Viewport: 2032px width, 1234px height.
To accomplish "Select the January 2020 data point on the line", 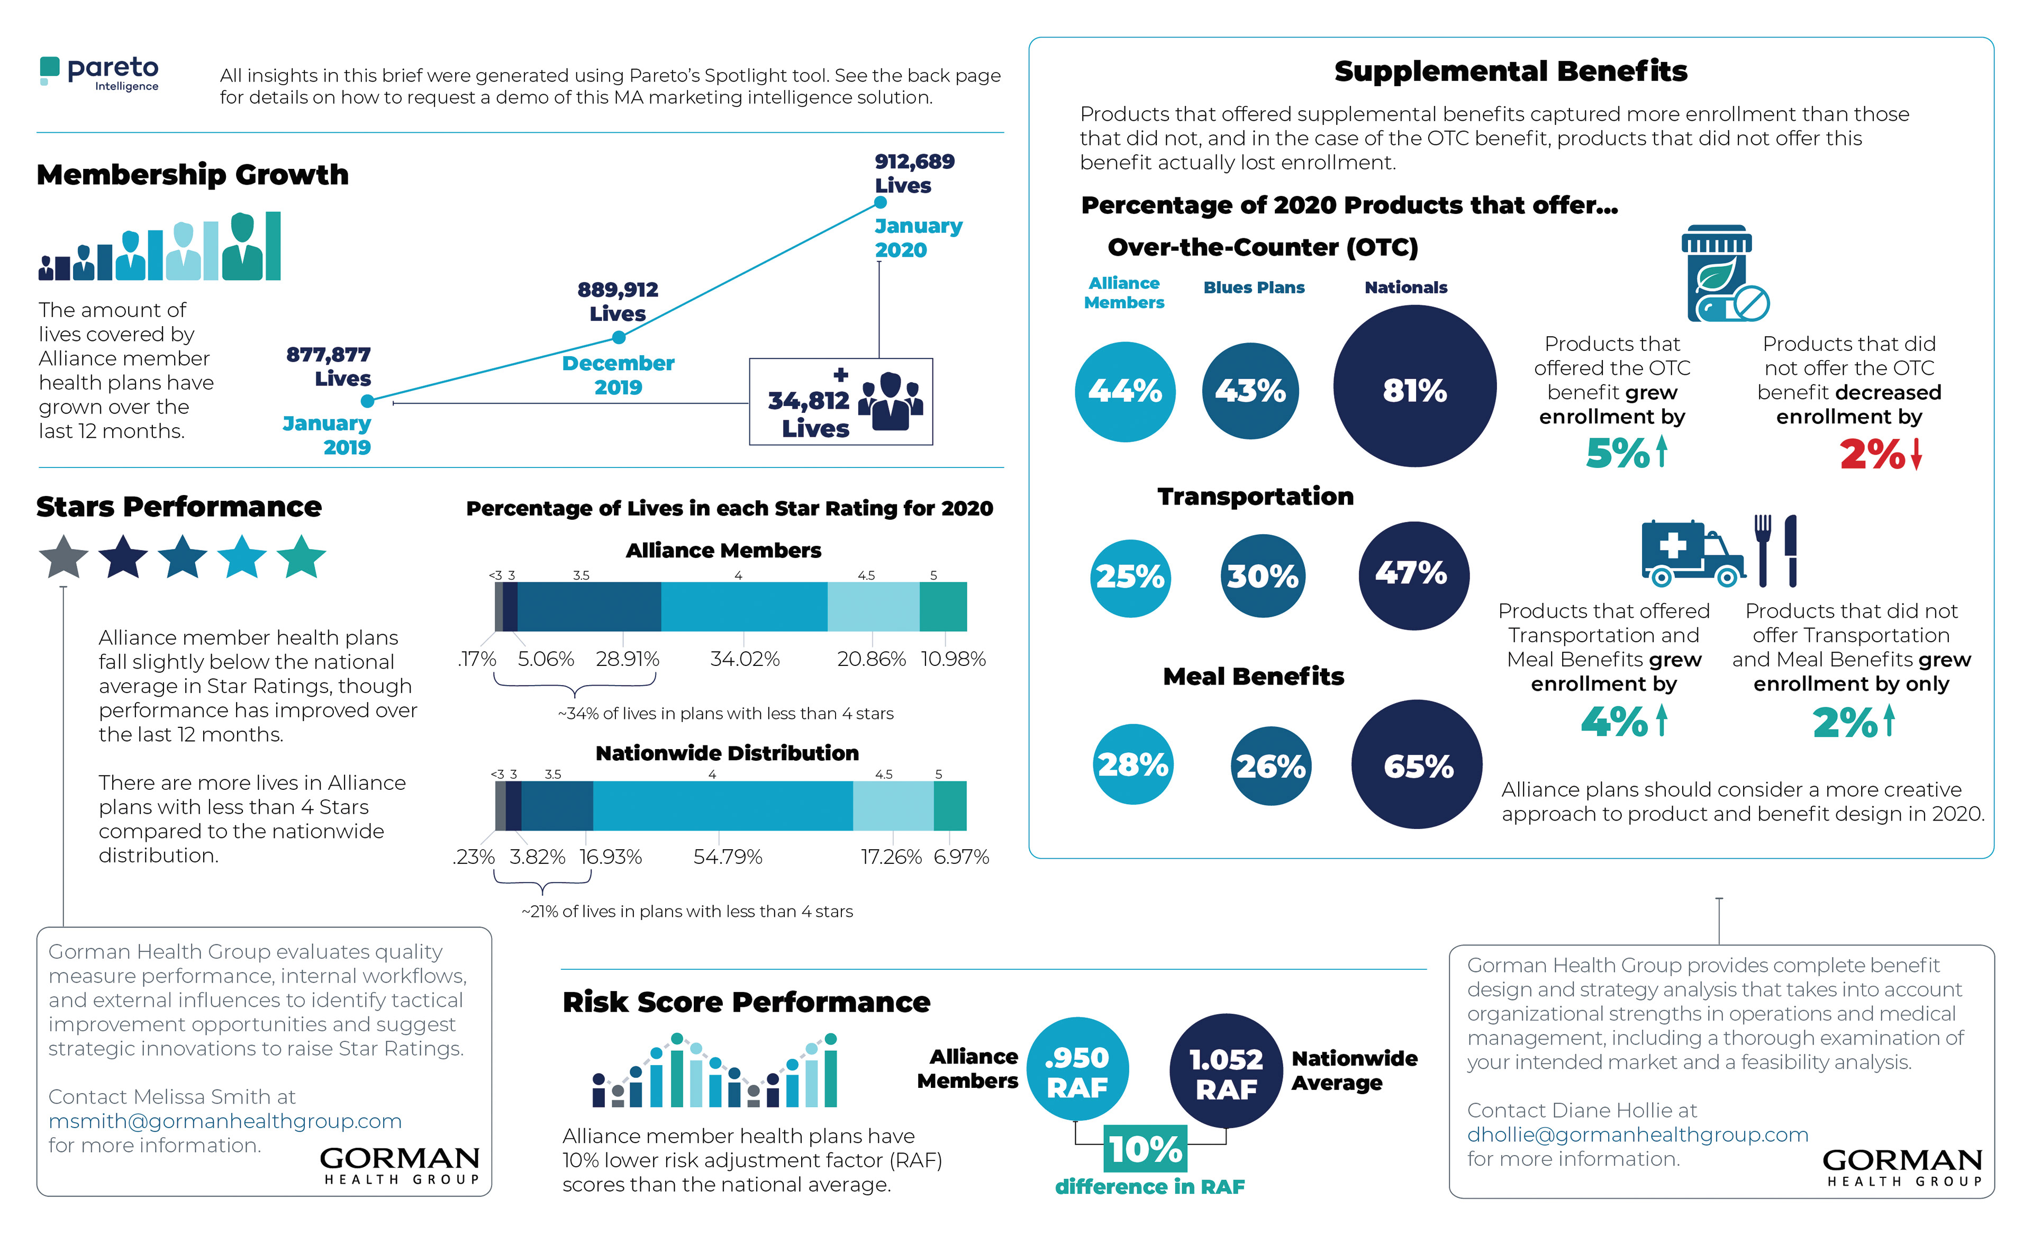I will tap(880, 202).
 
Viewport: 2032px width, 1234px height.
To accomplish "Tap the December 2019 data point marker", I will tap(619, 337).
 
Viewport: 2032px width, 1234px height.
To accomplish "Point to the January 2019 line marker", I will tap(368, 401).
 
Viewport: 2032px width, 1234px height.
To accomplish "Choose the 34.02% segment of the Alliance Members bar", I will tap(744, 606).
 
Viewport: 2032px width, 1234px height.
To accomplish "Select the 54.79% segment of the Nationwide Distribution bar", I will tap(722, 806).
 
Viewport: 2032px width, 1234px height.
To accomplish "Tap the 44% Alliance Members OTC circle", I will tap(1125, 391).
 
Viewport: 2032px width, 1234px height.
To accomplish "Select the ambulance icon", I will tap(1691, 553).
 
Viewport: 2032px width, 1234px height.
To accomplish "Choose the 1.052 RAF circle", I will tap(1226, 1070).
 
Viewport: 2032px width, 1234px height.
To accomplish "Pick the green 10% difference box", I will tap(1146, 1148).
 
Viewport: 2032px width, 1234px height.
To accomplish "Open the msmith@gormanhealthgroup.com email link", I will tap(224, 1121).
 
